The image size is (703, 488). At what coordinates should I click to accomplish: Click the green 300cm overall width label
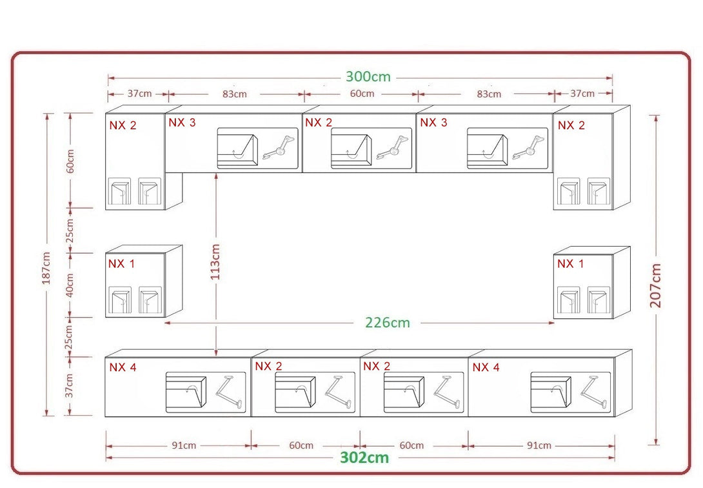coord(368,77)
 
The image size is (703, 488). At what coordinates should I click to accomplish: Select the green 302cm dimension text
coord(364,458)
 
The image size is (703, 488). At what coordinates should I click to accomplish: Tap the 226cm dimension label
coord(387,323)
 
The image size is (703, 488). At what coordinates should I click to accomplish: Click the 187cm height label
coord(46,271)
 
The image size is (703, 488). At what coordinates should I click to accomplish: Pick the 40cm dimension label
coord(70,285)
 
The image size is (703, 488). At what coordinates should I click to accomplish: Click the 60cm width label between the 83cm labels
coord(362,94)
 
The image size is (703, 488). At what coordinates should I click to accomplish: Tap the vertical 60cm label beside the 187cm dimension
coord(70,161)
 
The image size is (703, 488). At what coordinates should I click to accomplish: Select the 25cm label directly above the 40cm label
coord(70,230)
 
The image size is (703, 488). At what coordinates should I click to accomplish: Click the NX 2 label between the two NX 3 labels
coord(319,123)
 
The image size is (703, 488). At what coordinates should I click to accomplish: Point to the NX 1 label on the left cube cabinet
coord(121,264)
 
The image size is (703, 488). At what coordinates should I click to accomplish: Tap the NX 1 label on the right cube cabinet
coord(570,264)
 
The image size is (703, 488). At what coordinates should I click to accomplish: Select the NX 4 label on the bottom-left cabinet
coord(123,367)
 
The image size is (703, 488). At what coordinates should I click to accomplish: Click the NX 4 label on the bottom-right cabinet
coord(486,367)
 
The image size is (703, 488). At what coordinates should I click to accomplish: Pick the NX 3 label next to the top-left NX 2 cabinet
coord(182,123)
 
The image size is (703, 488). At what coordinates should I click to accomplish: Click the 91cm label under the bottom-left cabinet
coord(184,445)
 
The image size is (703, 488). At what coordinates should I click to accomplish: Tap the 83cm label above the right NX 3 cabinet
coord(489,94)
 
